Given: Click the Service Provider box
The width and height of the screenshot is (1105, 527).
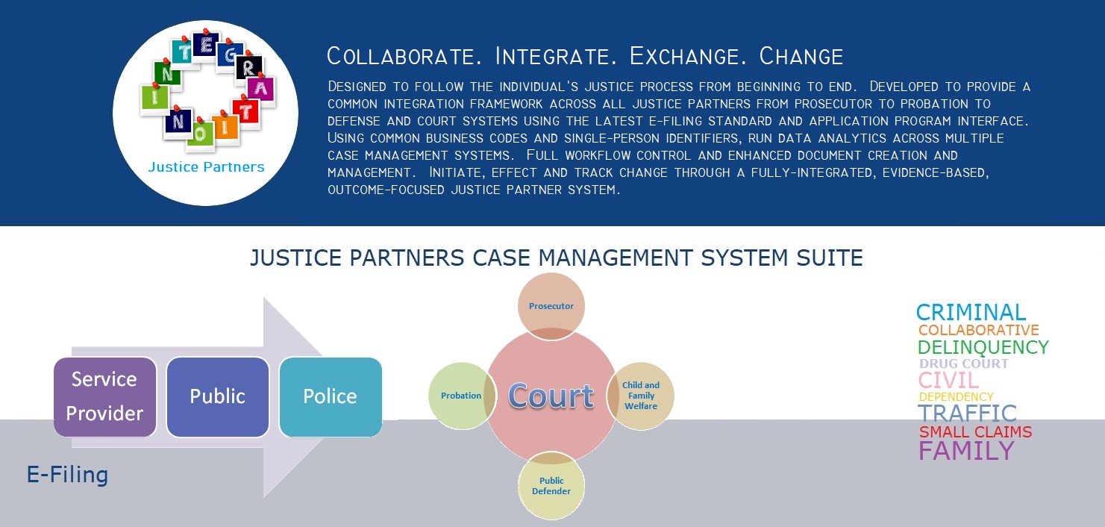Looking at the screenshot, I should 104,396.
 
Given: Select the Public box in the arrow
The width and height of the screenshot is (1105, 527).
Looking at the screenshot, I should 217,396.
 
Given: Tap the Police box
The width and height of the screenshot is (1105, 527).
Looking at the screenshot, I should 330,396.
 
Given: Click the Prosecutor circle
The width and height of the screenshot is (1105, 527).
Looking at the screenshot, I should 551,306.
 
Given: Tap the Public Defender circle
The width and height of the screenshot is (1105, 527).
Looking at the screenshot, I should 551,486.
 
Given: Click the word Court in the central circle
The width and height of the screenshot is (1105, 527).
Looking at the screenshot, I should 551,396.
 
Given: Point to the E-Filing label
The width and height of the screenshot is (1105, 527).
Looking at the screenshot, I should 68,475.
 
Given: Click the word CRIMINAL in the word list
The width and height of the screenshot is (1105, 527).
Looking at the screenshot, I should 971,312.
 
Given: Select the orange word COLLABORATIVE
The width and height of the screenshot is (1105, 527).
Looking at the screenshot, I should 978,330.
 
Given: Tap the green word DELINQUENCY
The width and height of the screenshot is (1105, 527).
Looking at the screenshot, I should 983,347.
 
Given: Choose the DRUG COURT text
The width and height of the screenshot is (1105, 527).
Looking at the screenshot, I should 963,364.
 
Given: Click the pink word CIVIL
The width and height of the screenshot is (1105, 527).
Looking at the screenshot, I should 948,380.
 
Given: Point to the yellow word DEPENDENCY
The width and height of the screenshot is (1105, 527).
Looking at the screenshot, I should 956,397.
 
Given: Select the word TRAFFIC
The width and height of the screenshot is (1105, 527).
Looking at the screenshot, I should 967,414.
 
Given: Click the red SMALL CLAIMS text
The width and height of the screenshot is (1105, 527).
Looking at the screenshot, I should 975,432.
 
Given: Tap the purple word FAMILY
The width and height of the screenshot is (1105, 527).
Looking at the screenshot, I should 966,451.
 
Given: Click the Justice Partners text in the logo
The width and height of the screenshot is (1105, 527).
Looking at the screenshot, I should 206,166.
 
